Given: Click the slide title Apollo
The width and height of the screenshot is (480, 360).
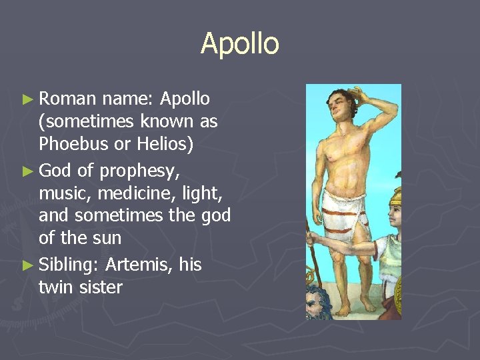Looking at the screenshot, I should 239,44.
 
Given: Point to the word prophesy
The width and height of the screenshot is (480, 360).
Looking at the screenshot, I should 139,171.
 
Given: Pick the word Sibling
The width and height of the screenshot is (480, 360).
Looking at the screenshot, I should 69,265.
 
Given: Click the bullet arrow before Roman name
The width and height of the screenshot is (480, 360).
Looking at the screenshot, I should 27,100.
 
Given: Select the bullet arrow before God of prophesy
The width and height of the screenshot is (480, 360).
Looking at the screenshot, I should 27,171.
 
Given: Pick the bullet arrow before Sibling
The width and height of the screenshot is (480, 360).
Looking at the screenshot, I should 27,265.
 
